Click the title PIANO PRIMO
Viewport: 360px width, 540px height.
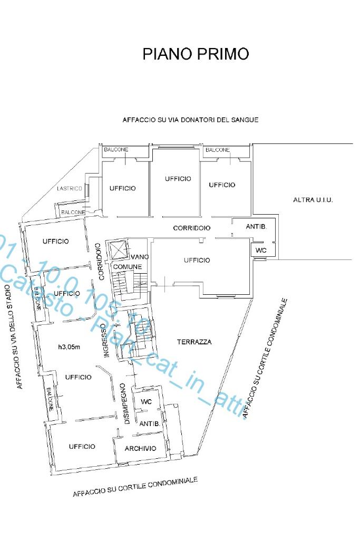click(196, 54)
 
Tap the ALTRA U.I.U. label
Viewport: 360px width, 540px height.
click(313, 200)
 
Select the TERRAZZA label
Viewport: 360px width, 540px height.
click(194, 342)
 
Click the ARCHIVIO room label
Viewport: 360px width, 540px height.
click(140, 448)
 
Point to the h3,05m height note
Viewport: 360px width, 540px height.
click(69, 346)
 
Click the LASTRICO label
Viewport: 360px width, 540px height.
click(69, 189)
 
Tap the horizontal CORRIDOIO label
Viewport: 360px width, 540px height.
click(192, 228)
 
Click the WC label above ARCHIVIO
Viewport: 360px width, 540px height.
click(146, 401)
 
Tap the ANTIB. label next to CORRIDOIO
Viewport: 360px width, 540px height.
click(257, 226)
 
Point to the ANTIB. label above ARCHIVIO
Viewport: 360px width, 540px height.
click(148, 423)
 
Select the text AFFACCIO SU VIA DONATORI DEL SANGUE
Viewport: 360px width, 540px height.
click(190, 120)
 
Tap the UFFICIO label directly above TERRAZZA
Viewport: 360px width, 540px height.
click(197, 260)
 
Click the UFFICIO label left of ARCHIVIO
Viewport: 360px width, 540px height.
click(82, 446)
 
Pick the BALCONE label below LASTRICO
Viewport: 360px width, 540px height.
click(73, 212)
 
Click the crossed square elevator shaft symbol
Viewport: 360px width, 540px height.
click(116, 249)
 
